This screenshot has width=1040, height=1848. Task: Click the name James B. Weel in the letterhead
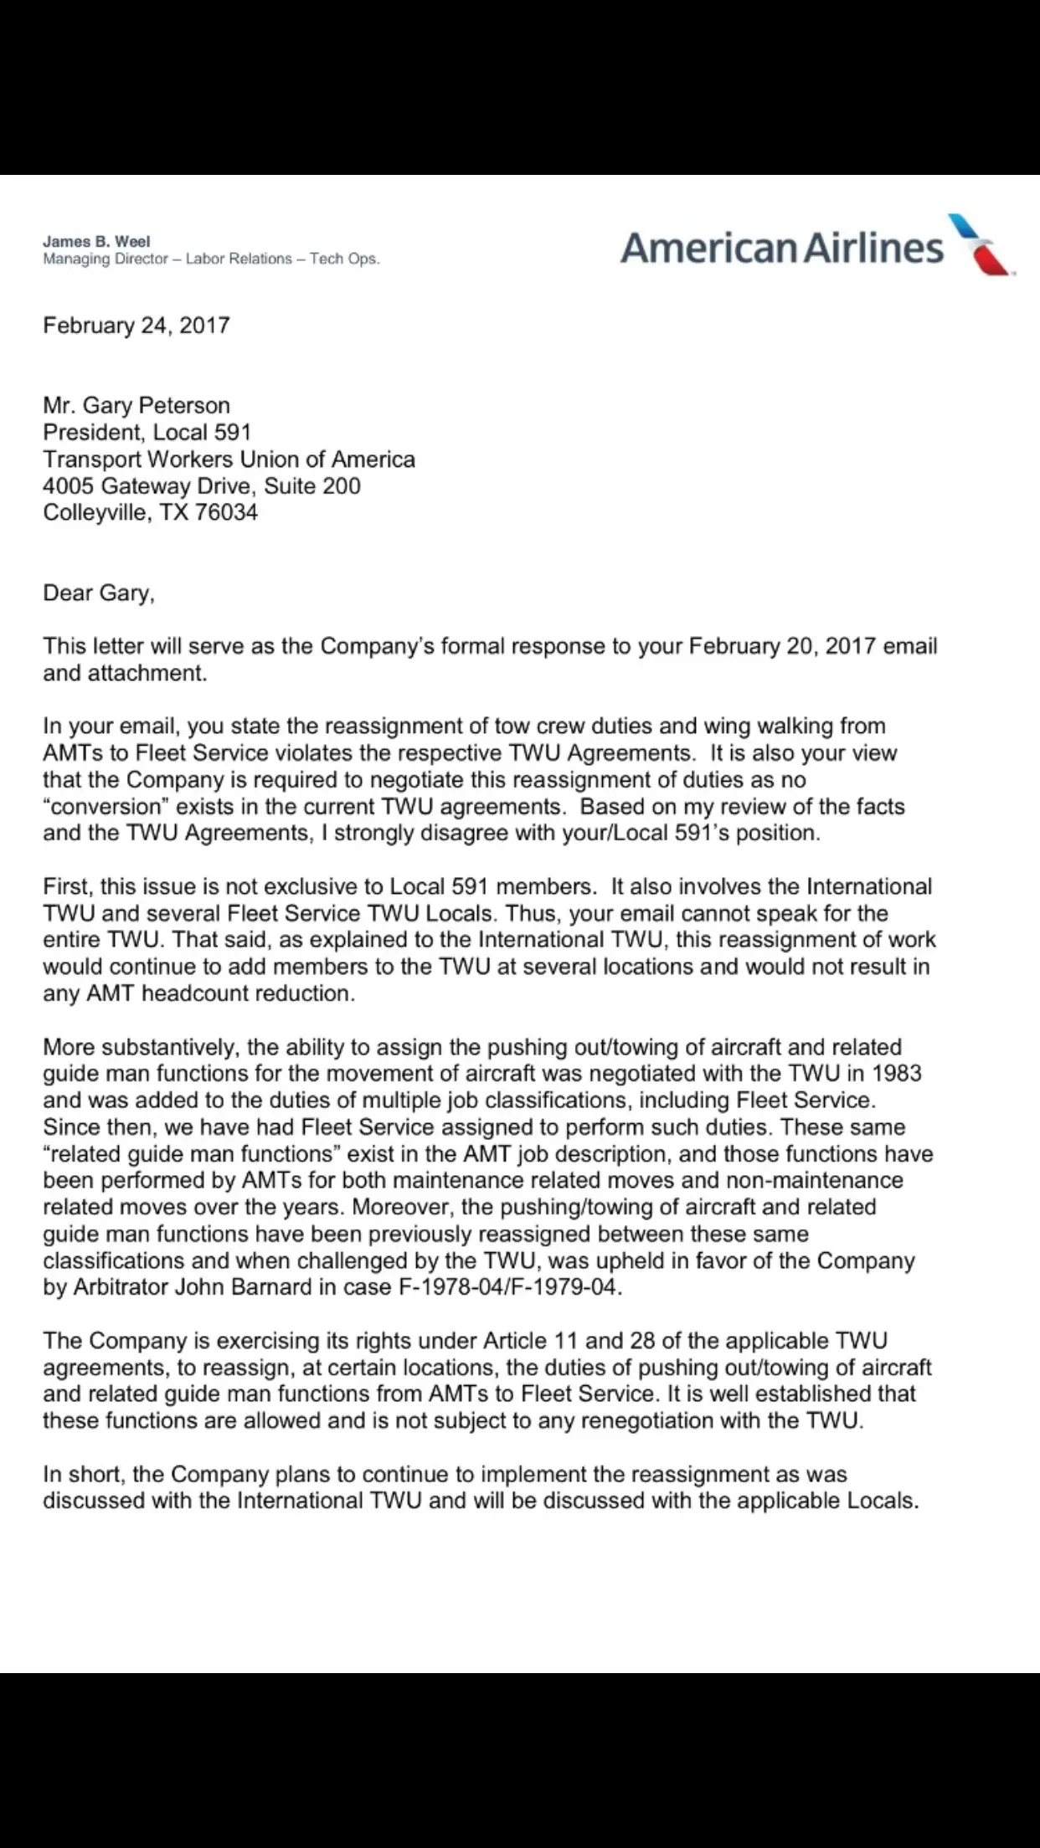pyautogui.click(x=96, y=242)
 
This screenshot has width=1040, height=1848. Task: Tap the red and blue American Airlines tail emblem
pyautogui.click(x=981, y=244)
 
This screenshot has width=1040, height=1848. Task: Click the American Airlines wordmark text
pyautogui.click(x=782, y=248)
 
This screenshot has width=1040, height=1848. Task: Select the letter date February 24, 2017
pyautogui.click(x=136, y=326)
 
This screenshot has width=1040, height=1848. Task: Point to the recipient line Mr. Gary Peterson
pyautogui.click(x=136, y=406)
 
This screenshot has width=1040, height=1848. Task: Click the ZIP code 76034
pyautogui.click(x=226, y=512)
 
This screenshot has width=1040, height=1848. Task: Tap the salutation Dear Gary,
pyautogui.click(x=99, y=593)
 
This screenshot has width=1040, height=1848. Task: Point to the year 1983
pyautogui.click(x=896, y=1074)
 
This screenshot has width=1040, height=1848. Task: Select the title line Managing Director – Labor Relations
pyautogui.click(x=167, y=259)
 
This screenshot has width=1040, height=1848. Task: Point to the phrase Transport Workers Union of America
pyautogui.click(x=229, y=459)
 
